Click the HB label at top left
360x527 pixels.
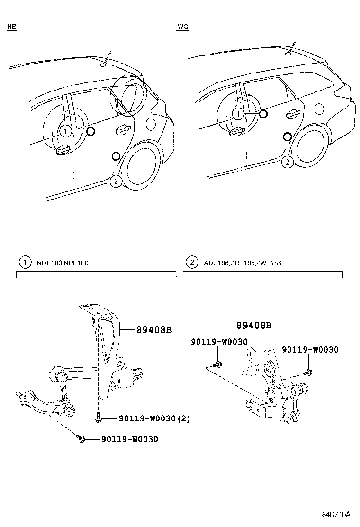11,27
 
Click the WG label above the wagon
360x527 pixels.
183,27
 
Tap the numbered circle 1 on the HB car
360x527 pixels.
65,131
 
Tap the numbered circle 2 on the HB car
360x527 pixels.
116,181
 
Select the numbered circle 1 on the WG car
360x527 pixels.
239,114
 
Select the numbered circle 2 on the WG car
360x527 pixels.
287,162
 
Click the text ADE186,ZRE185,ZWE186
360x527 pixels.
243,263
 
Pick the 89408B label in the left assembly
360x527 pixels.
154,330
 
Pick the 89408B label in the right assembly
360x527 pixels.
254,326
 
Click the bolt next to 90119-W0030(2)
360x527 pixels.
97,417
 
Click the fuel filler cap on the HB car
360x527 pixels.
151,124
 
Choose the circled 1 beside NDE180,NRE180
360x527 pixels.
23,262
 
